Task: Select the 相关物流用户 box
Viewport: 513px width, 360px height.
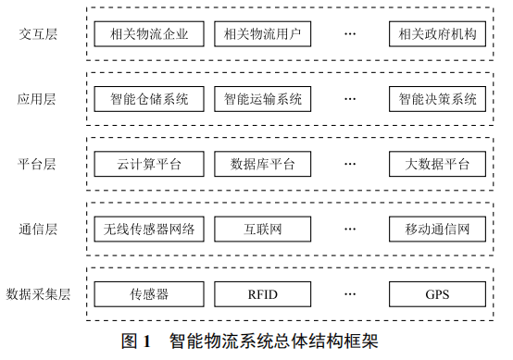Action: coord(262,35)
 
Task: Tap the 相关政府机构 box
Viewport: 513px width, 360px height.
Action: coord(437,35)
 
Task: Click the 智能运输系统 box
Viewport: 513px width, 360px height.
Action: coord(262,98)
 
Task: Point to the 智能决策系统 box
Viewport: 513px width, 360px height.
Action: coord(437,98)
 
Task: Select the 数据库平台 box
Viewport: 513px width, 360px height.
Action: coord(262,165)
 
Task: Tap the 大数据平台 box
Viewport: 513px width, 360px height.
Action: coord(437,165)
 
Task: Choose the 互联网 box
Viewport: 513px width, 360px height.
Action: coord(262,229)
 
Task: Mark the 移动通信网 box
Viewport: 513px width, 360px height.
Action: coord(437,229)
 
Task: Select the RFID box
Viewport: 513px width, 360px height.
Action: coord(262,294)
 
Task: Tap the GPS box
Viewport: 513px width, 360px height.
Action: coord(437,294)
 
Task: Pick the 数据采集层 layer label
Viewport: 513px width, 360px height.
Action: coord(38,294)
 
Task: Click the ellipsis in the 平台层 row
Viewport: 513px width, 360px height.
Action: coord(350,165)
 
